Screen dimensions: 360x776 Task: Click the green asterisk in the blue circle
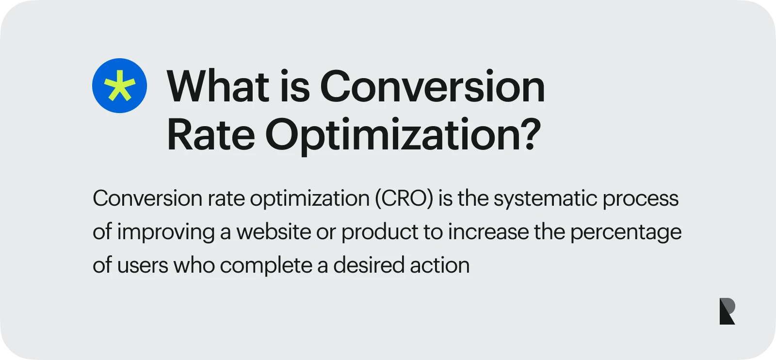pyautogui.click(x=120, y=86)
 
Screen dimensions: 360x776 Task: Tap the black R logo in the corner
pyautogui.click(x=727, y=311)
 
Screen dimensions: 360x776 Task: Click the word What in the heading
pyautogui.click(x=218, y=86)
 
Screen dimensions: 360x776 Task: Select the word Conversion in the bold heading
pyautogui.click(x=432, y=86)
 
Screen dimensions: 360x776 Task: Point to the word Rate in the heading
pyautogui.click(x=210, y=134)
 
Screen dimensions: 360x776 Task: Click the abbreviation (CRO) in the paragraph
pyautogui.click(x=404, y=198)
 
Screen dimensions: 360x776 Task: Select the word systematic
pyautogui.click(x=545, y=198)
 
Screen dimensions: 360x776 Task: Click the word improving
pyautogui.click(x=166, y=232)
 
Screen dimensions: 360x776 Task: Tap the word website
pyautogui.click(x=274, y=231)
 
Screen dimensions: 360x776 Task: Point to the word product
pyautogui.click(x=379, y=232)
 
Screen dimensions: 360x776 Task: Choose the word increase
pyautogui.click(x=488, y=232)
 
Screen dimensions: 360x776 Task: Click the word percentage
pyautogui.click(x=626, y=232)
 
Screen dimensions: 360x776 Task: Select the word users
pyautogui.click(x=143, y=265)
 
